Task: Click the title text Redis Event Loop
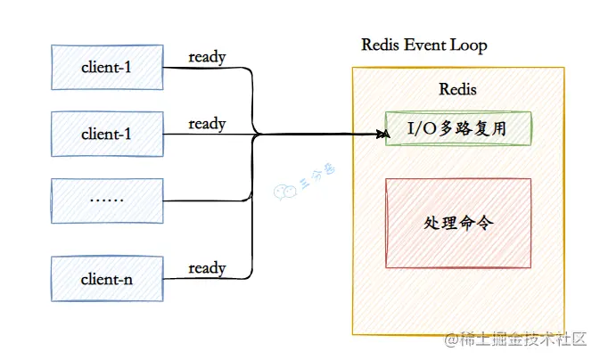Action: coord(423,45)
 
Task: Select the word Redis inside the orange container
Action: coord(457,89)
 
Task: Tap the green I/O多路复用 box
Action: coord(457,128)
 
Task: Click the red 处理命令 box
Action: coord(457,224)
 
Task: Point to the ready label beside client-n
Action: coord(207,267)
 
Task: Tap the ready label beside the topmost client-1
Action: coord(207,57)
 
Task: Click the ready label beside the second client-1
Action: coord(207,124)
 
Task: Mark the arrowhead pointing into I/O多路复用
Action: coord(383,135)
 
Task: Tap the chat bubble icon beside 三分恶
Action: coord(282,190)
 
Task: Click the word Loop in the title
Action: coord(471,45)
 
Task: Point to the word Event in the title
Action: coord(424,45)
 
